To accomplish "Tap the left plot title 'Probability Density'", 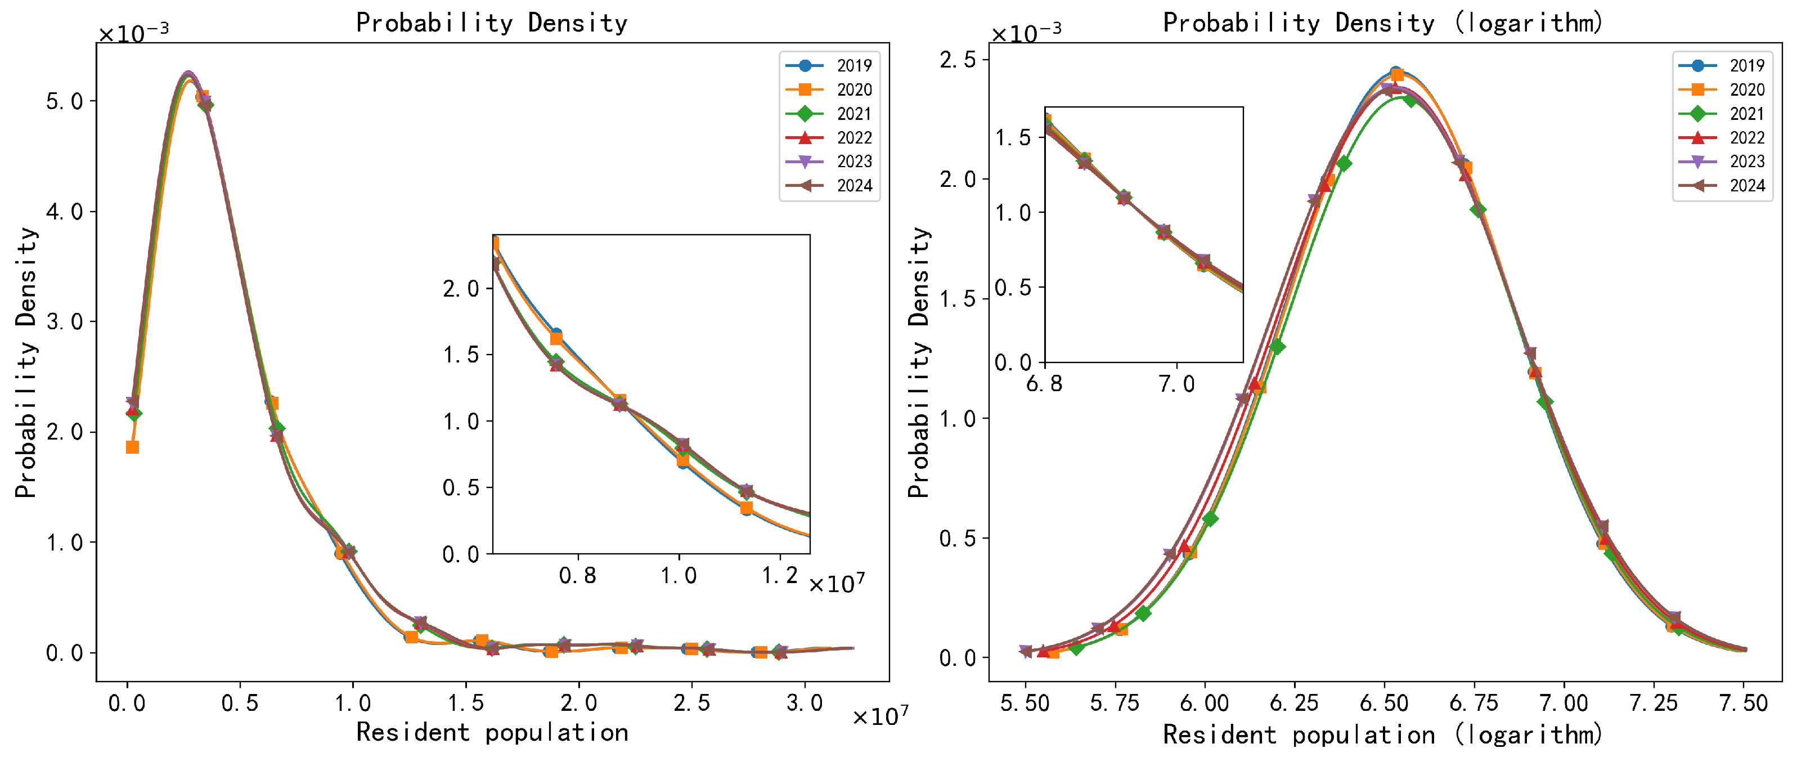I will pyautogui.click(x=491, y=23).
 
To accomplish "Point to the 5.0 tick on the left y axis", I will pyautogui.click(x=64, y=102).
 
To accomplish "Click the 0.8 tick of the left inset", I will pyautogui.click(x=578, y=576).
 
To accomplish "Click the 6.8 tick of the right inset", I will pyautogui.click(x=1044, y=384).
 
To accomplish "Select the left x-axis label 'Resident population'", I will pyautogui.click(x=491, y=733).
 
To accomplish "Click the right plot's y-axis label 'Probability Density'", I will pyautogui.click(x=919, y=363).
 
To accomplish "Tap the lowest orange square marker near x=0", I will pyautogui.click(x=132, y=447).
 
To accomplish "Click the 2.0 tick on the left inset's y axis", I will pyautogui.click(x=460, y=289).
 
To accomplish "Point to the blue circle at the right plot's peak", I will pyautogui.click(x=1395, y=73).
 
